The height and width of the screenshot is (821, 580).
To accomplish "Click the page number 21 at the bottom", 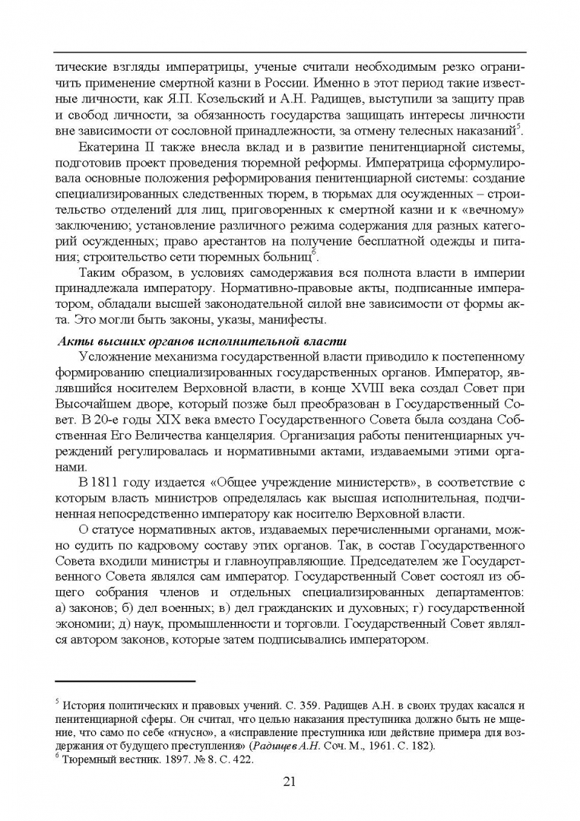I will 289,781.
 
